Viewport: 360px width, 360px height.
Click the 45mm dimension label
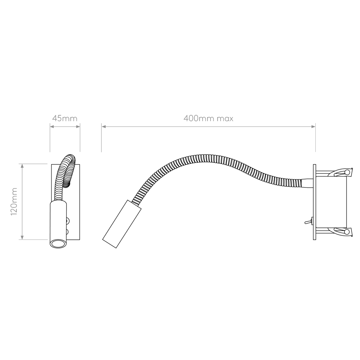(64, 118)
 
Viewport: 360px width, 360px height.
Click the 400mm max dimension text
(208, 118)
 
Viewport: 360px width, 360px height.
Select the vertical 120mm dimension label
(14, 202)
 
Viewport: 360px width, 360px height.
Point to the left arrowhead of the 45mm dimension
(52, 127)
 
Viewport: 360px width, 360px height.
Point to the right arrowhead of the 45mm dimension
(78, 127)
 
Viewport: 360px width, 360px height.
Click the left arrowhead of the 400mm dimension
(104, 127)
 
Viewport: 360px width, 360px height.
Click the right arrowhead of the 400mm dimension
(313, 127)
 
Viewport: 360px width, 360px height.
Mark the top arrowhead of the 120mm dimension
(22, 166)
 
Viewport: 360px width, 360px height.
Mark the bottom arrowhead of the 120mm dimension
(22, 237)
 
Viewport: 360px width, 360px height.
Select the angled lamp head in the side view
(122, 224)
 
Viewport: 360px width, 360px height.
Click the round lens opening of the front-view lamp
(58, 244)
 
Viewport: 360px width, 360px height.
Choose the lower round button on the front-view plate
(67, 232)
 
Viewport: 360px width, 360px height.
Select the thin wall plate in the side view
(315, 202)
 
